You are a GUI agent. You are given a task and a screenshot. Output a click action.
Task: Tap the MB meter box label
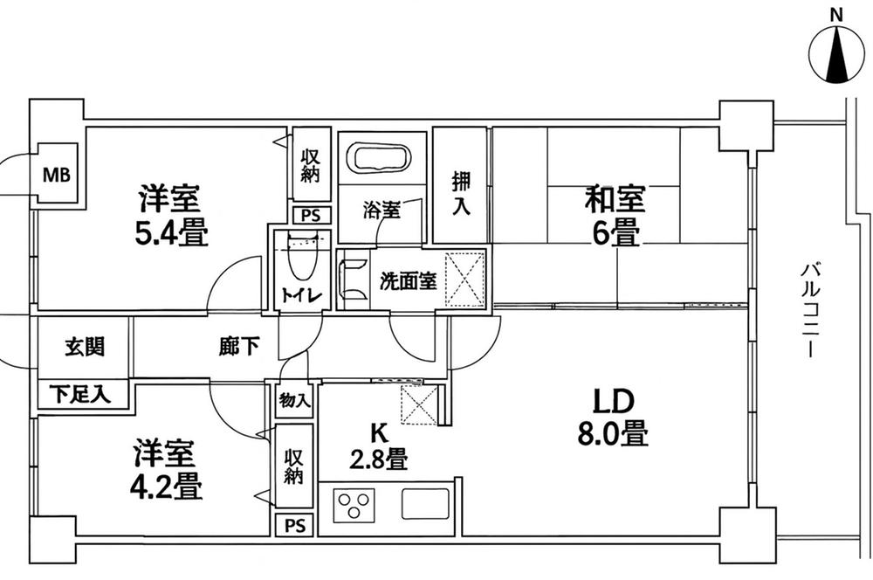click(58, 175)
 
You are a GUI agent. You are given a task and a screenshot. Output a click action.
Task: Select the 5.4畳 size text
click(171, 233)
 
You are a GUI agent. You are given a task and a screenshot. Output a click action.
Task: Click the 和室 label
click(615, 200)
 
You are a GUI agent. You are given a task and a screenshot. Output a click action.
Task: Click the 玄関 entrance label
click(85, 346)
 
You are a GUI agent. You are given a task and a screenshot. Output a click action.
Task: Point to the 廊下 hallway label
click(238, 347)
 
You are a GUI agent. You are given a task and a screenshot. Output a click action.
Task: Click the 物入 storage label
click(294, 401)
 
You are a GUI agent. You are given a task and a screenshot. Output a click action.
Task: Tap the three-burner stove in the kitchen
click(354, 507)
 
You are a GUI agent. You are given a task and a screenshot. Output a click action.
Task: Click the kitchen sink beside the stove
click(424, 505)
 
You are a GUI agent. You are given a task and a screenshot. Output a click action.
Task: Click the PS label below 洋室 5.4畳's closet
click(309, 215)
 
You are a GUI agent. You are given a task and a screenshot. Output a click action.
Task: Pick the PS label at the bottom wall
click(294, 525)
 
